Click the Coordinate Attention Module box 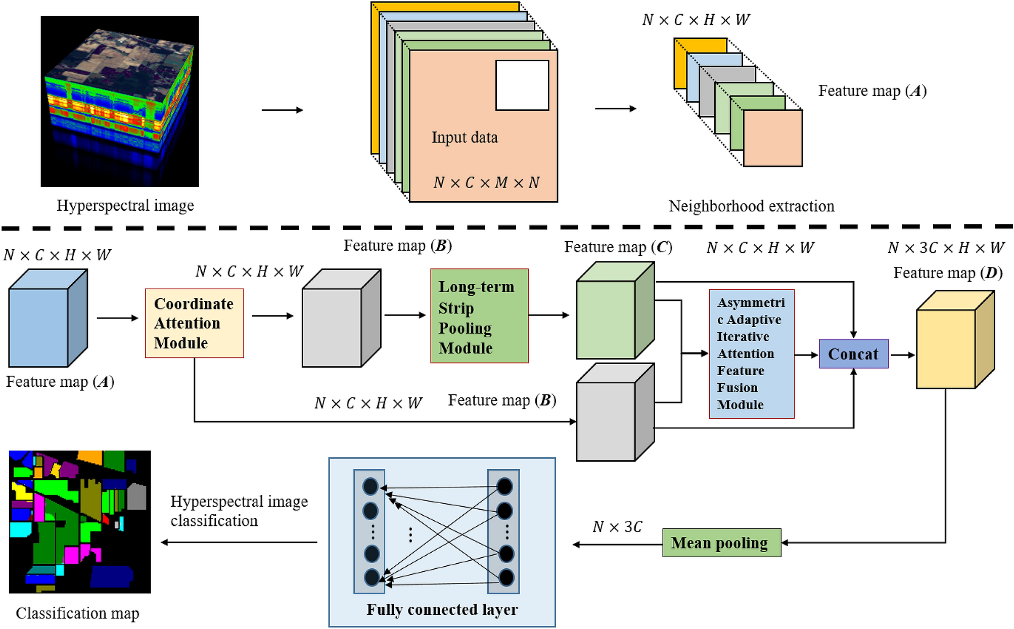click(x=194, y=323)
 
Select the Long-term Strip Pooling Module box click(x=479, y=316)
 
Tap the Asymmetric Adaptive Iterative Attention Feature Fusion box click(x=751, y=354)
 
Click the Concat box click(x=853, y=354)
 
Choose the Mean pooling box click(x=721, y=543)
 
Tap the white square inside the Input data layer click(x=522, y=85)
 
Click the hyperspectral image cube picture click(x=120, y=101)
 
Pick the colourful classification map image click(x=80, y=522)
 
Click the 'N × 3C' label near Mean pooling click(x=617, y=527)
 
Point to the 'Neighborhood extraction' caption click(x=751, y=206)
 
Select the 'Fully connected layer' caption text click(x=442, y=609)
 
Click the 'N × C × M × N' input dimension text click(x=486, y=183)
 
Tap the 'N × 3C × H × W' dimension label click(x=946, y=248)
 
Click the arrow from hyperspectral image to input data click(x=282, y=110)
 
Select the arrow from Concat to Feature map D click(x=902, y=355)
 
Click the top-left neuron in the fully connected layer click(x=371, y=487)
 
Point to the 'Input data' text click(x=465, y=138)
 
